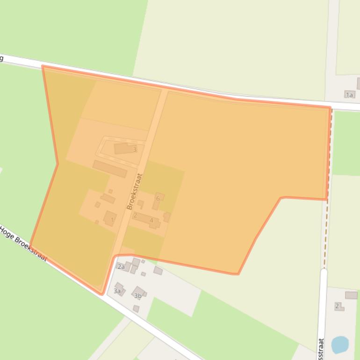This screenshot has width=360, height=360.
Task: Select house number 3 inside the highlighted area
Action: point(135,150)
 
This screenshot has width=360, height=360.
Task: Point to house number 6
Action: point(158,198)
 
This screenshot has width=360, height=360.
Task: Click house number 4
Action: point(151,220)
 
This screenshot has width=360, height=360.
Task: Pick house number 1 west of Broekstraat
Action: point(112,220)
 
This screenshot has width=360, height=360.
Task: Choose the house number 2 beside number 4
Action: point(135,216)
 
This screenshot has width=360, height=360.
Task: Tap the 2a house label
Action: point(121,267)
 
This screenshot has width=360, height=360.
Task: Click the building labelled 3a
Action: point(117,291)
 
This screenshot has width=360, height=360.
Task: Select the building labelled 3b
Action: point(138,295)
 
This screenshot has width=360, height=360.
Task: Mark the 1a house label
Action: point(349,95)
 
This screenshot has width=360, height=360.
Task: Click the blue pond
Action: point(340,345)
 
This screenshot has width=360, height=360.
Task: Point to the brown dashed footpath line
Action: point(327,224)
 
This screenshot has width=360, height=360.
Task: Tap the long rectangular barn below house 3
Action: point(110,169)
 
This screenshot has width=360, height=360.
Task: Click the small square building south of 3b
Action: point(136,309)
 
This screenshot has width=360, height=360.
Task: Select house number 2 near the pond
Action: point(337,306)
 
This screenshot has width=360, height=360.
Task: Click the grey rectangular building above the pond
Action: point(351,295)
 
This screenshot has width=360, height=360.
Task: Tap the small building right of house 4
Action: point(167,217)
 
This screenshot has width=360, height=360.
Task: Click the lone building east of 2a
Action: point(158,270)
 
